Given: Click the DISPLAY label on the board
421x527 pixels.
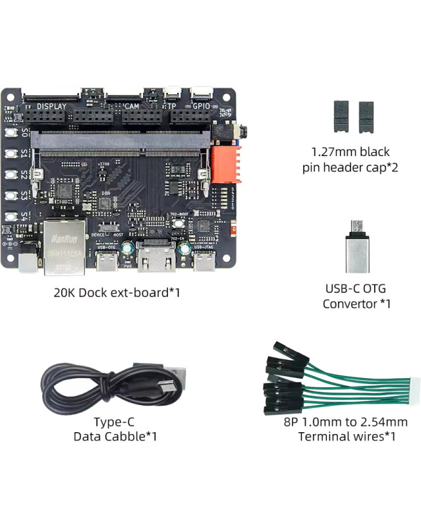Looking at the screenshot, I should [x=52, y=105].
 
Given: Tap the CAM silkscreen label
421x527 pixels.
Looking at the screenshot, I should [x=130, y=105].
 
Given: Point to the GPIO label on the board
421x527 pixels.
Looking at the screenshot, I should [x=200, y=105].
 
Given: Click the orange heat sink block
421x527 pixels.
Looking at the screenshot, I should [x=226, y=164].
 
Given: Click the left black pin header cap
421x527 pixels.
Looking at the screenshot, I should [x=341, y=117].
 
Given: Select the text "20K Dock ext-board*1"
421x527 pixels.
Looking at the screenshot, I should [x=117, y=292].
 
